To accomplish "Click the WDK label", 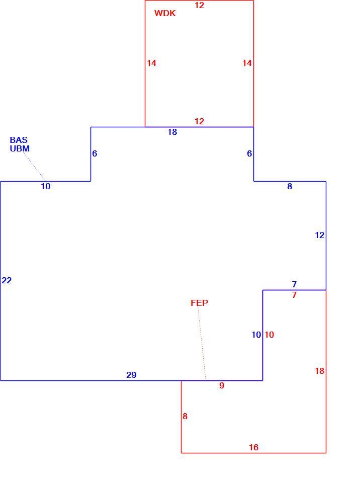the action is click(165, 13).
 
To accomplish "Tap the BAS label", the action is click(19, 140).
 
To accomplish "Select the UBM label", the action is click(20, 148).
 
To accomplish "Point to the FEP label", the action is click(200, 303).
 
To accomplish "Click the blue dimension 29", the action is click(131, 375).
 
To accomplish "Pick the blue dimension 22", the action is click(7, 280).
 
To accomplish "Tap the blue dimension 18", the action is click(172, 132).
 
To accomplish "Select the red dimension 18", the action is click(319, 371).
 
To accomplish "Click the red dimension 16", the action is click(254, 447).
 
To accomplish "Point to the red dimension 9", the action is click(222, 385).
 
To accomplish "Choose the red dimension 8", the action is click(185, 416).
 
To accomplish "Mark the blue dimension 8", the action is click(290, 186).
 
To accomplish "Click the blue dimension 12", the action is click(319, 235).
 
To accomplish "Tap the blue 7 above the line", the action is click(294, 284).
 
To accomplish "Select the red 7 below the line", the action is click(294, 295).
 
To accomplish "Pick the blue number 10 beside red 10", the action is click(256, 335).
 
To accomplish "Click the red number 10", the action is click(269, 335).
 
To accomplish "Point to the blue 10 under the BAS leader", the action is click(46, 186).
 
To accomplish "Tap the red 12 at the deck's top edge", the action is click(199, 5).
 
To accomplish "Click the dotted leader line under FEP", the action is click(202, 343).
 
